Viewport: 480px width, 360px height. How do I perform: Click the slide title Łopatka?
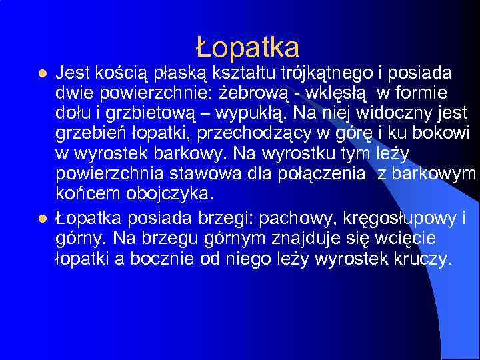(x=247, y=47)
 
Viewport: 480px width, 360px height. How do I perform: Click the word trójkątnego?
(x=313, y=72)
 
